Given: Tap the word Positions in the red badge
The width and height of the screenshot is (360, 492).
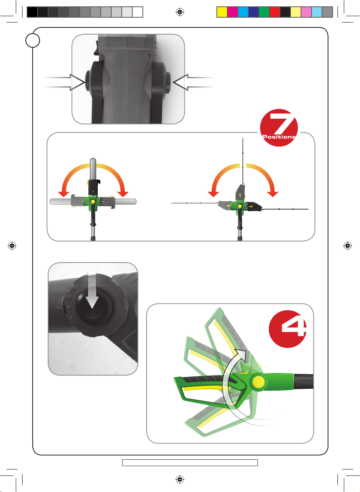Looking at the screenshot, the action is [279, 137].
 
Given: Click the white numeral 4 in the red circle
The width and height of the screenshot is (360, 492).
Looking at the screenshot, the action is [294, 328].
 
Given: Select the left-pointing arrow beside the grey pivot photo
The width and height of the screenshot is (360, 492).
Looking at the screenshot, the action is [194, 82].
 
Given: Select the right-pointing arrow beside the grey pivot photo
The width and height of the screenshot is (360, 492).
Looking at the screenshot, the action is [65, 82].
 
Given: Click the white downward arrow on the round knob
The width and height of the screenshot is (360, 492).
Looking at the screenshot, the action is [92, 290].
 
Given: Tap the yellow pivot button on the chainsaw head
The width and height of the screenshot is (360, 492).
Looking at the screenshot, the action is [93, 201].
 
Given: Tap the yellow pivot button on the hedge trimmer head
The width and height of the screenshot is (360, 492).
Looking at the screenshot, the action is [240, 206].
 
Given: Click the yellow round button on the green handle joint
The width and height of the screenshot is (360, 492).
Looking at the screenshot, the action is [259, 382].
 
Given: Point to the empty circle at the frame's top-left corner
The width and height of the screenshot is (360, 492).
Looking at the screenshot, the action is [33, 41].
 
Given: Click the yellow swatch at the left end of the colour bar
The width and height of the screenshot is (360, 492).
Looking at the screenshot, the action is [222, 12].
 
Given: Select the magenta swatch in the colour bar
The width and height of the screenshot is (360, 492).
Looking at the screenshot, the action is [232, 12].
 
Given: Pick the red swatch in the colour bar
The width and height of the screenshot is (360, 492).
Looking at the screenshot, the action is [274, 12].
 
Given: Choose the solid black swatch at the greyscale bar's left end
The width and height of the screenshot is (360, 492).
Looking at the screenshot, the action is [32, 12].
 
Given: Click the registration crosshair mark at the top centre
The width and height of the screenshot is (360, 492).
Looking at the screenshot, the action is [180, 12].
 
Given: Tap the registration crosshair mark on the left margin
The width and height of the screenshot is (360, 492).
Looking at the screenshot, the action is [12, 246].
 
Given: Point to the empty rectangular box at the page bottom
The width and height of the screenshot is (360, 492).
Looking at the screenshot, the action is [190, 462].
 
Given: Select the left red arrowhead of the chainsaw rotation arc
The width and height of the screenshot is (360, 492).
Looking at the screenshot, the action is [64, 194].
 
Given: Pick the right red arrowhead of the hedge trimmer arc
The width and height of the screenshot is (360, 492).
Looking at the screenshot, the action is [272, 194].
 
